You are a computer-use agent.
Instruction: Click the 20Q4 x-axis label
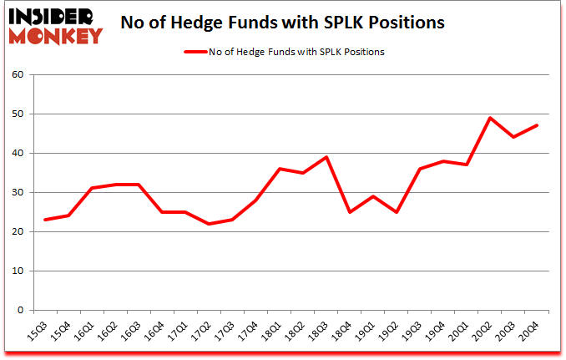530,332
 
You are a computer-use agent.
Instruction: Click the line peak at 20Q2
489,118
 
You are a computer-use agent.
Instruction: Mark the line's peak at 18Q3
326,157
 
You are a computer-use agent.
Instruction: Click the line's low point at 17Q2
209,224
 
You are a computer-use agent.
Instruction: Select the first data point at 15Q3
45,220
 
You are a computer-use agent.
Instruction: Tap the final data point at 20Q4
536,126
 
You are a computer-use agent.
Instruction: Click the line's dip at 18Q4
349,212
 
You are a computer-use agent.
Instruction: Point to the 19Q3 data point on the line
419,169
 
